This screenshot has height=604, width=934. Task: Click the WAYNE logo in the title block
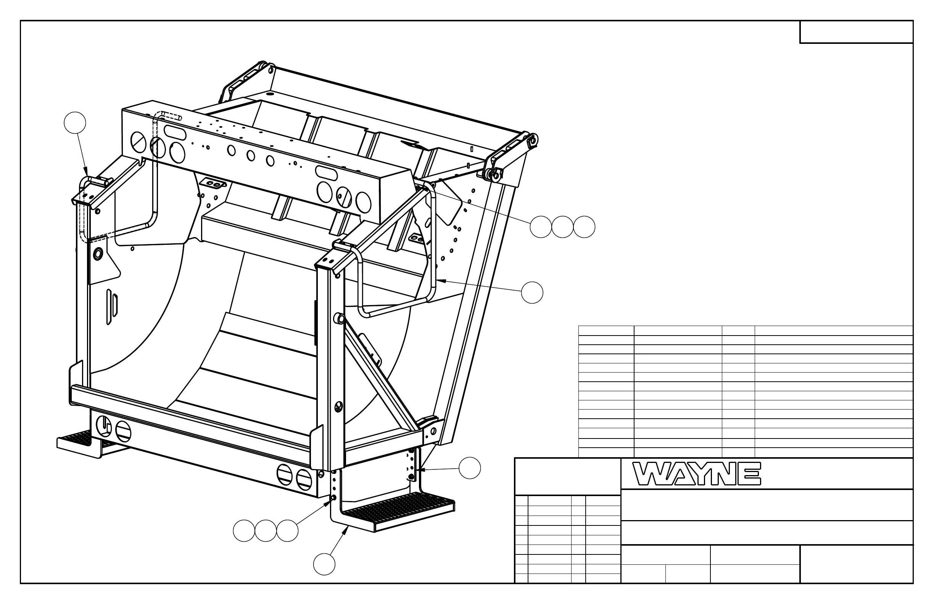697,474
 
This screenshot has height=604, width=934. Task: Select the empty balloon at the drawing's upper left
75,123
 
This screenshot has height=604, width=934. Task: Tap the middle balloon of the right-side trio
562,227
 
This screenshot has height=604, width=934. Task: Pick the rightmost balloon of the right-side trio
584,227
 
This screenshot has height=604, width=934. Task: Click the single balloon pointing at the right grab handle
532,292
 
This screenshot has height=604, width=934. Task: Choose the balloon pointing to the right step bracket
470,468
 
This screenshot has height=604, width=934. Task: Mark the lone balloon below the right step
324,564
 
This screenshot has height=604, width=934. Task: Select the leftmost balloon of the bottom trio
244,531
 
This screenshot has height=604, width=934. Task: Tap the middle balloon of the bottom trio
266,531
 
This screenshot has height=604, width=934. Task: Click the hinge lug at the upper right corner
532,140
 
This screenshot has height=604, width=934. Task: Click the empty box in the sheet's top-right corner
856,32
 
